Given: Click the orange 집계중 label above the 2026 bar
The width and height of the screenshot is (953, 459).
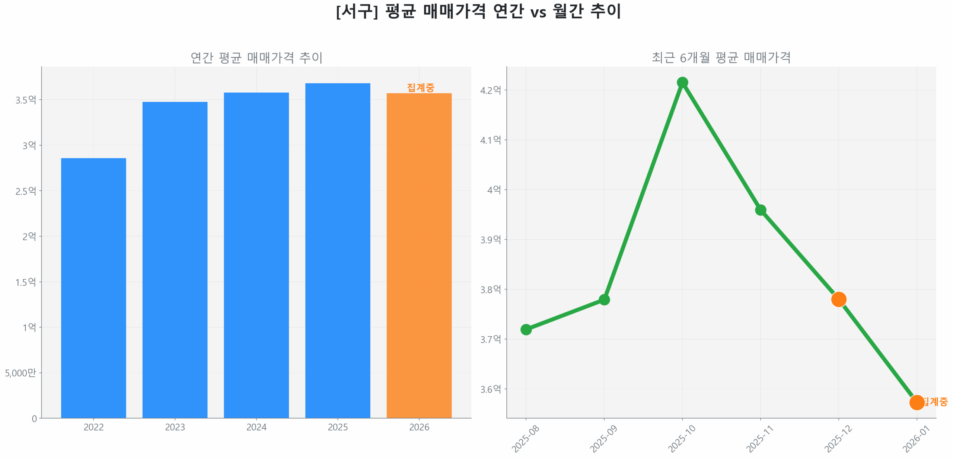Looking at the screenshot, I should click(x=420, y=87).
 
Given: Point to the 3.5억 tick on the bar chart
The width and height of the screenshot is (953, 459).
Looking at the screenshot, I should click(x=26, y=100).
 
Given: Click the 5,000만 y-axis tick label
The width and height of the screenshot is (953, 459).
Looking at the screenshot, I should click(x=20, y=372).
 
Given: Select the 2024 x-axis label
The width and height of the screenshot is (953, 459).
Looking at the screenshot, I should click(x=256, y=427).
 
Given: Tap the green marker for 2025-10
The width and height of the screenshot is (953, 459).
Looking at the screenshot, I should click(x=682, y=82).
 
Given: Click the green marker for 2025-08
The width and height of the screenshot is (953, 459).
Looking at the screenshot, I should click(x=526, y=329).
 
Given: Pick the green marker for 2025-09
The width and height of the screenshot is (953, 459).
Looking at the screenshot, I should click(x=604, y=299).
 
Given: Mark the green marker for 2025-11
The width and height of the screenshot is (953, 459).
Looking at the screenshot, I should click(x=760, y=210).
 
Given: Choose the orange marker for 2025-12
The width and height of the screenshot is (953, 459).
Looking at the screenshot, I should click(x=838, y=299).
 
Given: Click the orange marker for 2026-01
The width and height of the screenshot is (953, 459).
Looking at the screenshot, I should click(x=917, y=402).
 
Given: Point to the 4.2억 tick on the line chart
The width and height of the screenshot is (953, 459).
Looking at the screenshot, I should click(x=490, y=90).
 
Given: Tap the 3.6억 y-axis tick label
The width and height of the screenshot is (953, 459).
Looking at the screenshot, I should click(x=490, y=389).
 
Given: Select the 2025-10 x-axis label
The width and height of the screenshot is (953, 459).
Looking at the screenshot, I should click(x=681, y=439).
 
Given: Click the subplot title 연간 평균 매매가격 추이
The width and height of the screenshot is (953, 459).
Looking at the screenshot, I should click(x=256, y=58).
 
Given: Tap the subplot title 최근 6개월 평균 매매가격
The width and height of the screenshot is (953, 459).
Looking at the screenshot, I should click(x=721, y=58).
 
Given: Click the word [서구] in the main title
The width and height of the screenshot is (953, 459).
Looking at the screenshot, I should click(x=357, y=11).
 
